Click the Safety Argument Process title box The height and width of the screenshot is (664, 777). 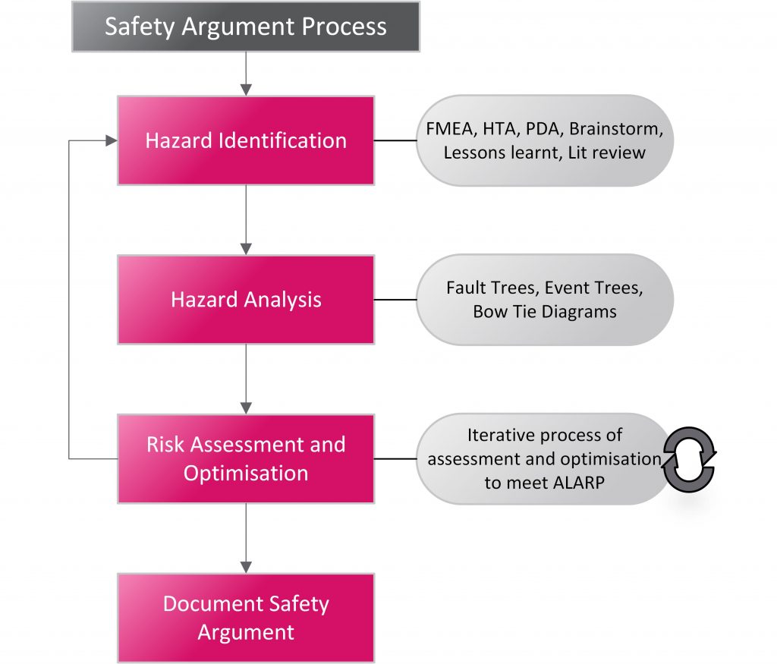pyautogui.click(x=245, y=27)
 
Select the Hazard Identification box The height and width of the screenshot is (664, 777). pyautogui.click(x=245, y=140)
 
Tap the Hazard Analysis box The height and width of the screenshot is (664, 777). pyautogui.click(x=245, y=300)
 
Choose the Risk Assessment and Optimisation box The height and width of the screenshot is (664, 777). pyautogui.click(x=245, y=458)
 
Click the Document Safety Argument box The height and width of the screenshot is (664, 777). pyautogui.click(x=245, y=618)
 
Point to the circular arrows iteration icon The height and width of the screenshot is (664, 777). pyautogui.click(x=689, y=458)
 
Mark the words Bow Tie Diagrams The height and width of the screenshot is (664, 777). pyautogui.click(x=544, y=311)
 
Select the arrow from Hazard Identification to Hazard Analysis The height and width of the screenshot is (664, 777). pyautogui.click(x=245, y=220)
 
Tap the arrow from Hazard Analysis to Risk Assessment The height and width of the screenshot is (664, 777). pyautogui.click(x=245, y=379)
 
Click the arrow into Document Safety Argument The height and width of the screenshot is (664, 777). pyautogui.click(x=245, y=538)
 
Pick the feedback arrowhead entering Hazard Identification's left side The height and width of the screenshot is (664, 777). pyautogui.click(x=111, y=140)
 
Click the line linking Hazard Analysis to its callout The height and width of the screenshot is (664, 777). pyautogui.click(x=395, y=300)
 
